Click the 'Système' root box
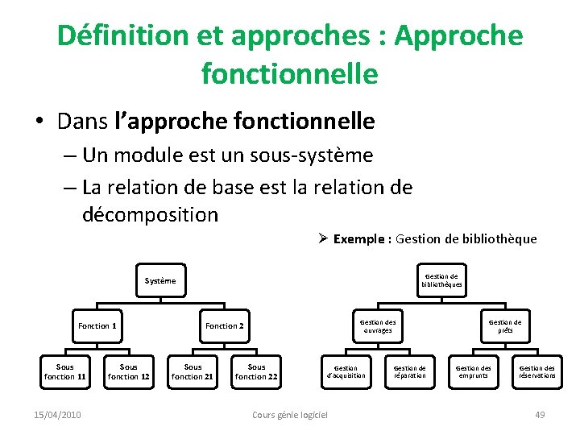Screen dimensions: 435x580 tap(159, 281)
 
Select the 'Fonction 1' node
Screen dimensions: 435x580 tap(97, 326)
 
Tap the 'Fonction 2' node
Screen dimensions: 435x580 tap(224, 326)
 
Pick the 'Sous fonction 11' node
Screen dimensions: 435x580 tap(64, 371)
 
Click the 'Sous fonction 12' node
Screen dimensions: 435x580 tap(129, 371)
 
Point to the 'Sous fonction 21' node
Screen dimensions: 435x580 tap(193, 371)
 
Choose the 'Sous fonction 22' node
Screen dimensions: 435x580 tap(256, 371)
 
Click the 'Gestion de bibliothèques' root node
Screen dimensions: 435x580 tap(441, 280)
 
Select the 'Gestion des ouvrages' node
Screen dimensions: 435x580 tap(377, 326)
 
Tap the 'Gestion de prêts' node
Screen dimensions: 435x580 tap(505, 326)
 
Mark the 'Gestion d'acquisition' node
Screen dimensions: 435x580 tap(346, 371)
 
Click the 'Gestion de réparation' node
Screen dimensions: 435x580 tap(409, 371)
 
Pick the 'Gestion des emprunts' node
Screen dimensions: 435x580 tap(474, 371)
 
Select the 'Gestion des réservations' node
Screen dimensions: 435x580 tap(537, 371)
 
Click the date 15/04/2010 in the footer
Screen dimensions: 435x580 tap(57, 415)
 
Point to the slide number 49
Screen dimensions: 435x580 tap(540, 415)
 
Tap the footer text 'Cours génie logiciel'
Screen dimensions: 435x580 tap(290, 415)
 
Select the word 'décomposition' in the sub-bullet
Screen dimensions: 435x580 tap(150, 215)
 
